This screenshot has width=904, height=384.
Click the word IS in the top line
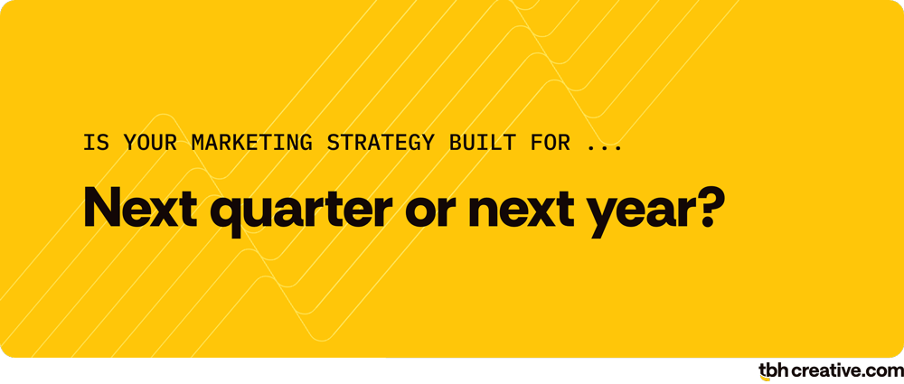point(94,142)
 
